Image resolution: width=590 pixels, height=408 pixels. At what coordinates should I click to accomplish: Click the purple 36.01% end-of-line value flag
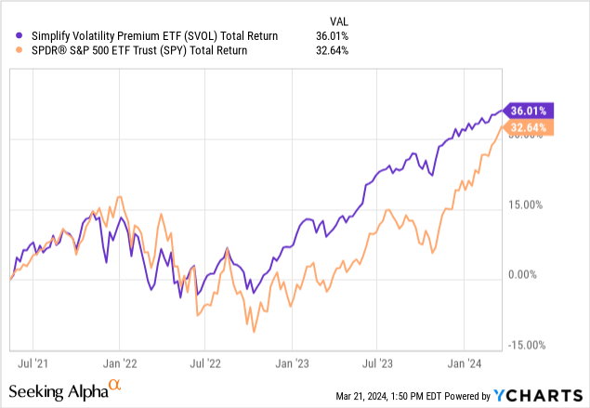tap(530, 111)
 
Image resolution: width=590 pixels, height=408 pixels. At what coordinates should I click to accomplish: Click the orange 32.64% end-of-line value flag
tap(530, 128)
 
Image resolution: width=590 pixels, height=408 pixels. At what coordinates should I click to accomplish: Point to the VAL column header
tap(341, 20)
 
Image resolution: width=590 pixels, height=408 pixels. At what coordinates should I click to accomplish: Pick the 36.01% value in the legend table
tap(331, 35)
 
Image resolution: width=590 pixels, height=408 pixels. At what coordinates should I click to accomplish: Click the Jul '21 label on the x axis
tap(33, 356)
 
